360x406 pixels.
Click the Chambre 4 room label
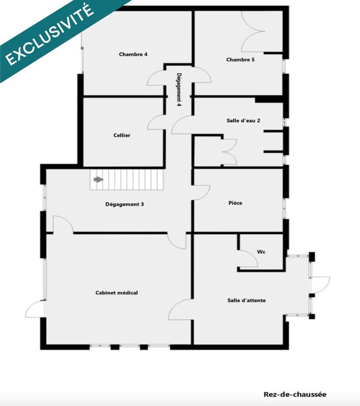(x=133, y=54)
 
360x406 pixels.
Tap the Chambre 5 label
(x=240, y=60)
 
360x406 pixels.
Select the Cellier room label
(x=122, y=136)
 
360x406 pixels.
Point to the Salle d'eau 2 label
(x=243, y=121)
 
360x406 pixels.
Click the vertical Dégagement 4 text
(x=179, y=89)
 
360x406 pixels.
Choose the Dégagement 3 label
(x=124, y=205)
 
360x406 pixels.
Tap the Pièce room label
(x=235, y=203)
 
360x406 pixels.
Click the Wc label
(x=261, y=251)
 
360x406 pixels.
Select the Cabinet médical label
(x=117, y=293)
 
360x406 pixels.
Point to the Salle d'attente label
(x=246, y=300)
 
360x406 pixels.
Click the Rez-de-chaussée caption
(x=295, y=394)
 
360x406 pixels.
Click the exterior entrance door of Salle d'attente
(x=320, y=285)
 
